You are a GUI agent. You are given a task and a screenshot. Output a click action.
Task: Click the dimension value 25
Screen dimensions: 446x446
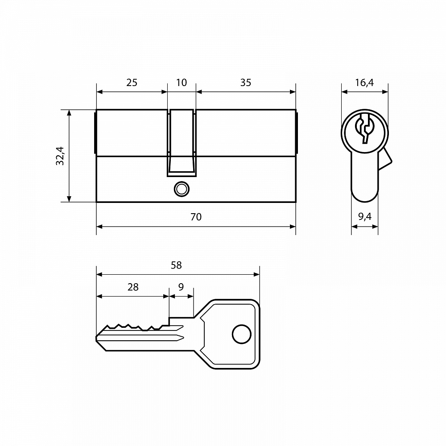click(x=132, y=83)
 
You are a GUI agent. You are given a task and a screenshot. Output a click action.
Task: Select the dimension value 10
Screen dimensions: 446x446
click(x=182, y=83)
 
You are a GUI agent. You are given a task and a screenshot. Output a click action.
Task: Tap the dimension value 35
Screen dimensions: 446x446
click(x=246, y=83)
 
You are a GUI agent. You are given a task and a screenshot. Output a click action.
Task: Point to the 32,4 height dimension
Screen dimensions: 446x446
click(x=60, y=156)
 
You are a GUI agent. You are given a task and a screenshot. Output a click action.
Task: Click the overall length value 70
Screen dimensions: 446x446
click(x=196, y=217)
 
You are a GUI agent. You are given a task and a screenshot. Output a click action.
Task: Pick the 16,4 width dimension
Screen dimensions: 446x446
click(x=364, y=83)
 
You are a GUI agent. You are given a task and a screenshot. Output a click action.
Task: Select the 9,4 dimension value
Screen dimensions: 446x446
click(x=365, y=217)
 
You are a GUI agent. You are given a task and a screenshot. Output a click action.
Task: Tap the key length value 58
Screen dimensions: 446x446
click(x=176, y=265)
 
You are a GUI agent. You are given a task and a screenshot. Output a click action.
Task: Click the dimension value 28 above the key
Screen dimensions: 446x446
click(x=133, y=287)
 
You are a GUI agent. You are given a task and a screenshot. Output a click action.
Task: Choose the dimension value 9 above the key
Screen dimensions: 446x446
click(x=181, y=287)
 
